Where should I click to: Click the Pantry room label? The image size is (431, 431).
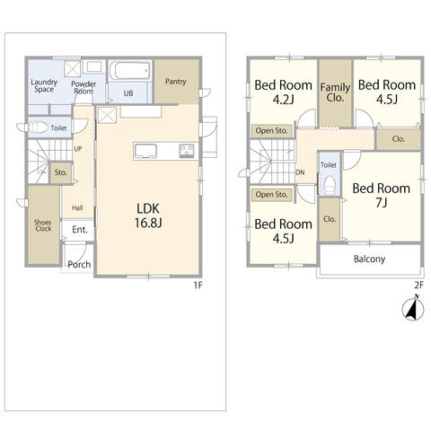click(x=176, y=82)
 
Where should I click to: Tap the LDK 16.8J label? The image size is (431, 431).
click(x=148, y=215)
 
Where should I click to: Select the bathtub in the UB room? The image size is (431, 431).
click(x=130, y=71)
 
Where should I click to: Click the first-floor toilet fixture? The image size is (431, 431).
click(x=33, y=128)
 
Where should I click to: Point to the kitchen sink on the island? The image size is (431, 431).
click(x=145, y=151)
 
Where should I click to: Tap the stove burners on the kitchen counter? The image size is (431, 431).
click(x=187, y=151)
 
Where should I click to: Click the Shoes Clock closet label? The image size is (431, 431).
click(x=43, y=225)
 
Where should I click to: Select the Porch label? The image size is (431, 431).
click(x=79, y=264)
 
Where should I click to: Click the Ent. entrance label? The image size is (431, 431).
click(x=80, y=230)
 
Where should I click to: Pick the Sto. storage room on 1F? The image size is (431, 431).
click(x=61, y=172)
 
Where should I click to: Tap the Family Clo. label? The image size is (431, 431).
click(x=335, y=92)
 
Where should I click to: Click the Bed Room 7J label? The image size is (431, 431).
click(x=382, y=195)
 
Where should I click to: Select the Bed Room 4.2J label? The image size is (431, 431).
click(x=283, y=92)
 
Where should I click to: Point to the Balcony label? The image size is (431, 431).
click(x=369, y=259)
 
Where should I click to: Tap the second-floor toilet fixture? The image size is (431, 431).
click(x=330, y=184)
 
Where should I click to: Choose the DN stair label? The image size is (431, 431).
click(x=300, y=172)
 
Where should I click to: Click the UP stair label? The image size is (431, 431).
click(x=78, y=149)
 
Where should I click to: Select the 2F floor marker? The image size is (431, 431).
click(x=419, y=286)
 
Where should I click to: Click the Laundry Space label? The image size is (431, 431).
click(x=44, y=85)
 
